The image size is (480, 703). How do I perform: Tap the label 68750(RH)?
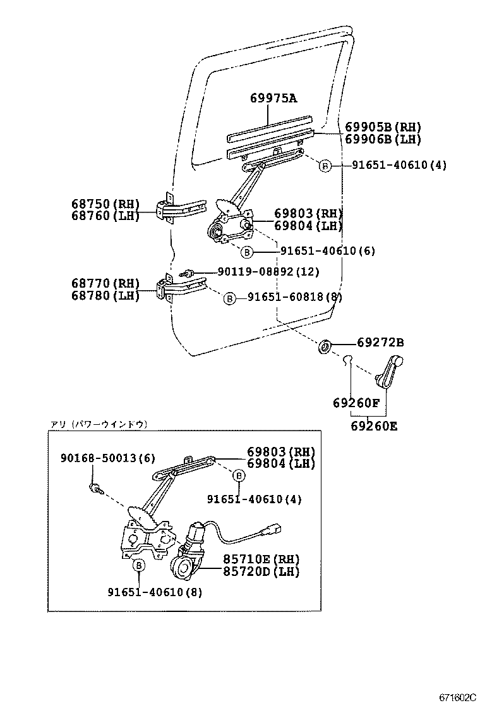click(105, 204)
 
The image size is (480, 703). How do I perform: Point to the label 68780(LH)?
click(105, 295)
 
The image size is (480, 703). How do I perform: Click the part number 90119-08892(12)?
click(268, 271)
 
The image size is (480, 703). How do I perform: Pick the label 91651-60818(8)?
click(294, 297)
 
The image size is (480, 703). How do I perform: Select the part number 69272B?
click(380, 343)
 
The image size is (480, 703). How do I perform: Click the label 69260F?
click(356, 402)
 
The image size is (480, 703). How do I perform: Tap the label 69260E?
click(374, 425)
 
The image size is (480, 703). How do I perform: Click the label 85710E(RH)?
click(260, 559)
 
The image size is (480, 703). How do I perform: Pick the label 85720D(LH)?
click(260, 572)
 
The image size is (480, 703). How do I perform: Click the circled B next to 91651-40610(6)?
click(247, 252)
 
